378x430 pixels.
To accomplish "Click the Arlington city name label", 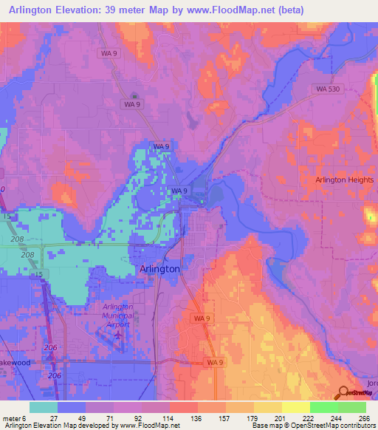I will click(159, 270).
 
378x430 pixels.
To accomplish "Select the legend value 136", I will click(196, 417).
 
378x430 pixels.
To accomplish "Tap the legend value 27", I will click(53, 417).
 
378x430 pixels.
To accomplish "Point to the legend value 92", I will click(139, 417).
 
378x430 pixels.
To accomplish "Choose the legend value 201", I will click(281, 417).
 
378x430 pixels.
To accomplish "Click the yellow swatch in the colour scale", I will click(295, 407).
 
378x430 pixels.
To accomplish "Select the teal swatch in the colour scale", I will click(44, 407).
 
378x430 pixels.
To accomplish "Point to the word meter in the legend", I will click(13, 417).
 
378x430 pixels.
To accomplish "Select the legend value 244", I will click(337, 417).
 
